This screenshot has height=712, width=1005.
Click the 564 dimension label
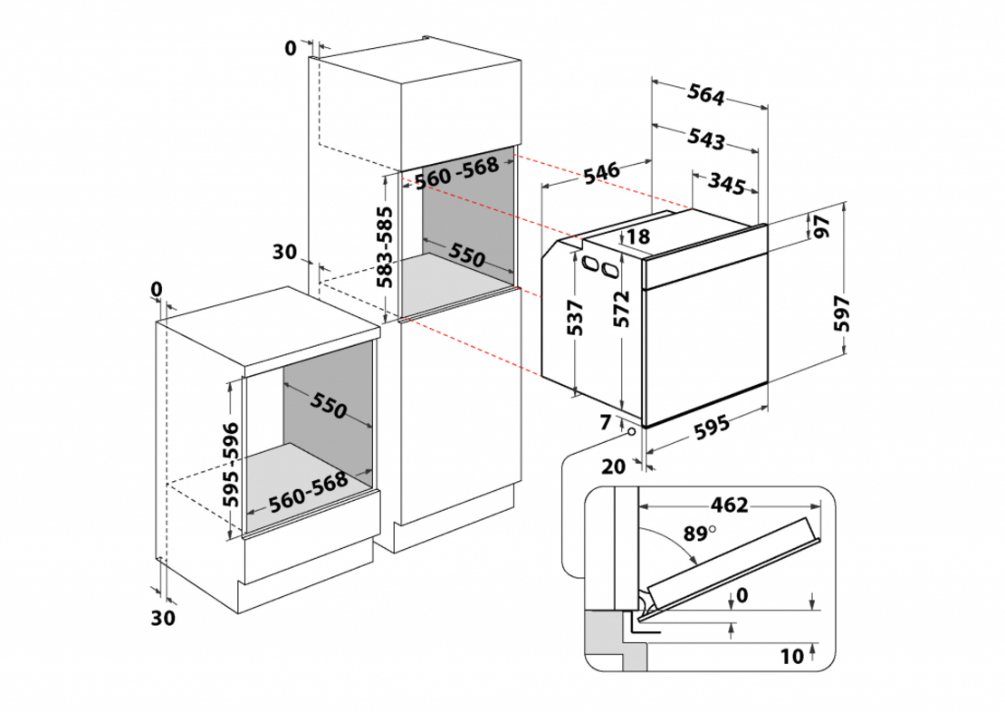(x=711, y=94)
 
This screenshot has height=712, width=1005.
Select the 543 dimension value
(x=705, y=139)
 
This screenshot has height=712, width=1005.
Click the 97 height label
(x=822, y=227)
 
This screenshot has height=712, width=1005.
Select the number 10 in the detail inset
(x=790, y=657)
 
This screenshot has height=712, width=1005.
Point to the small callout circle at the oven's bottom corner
(x=630, y=434)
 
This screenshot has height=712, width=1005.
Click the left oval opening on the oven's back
(x=589, y=265)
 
